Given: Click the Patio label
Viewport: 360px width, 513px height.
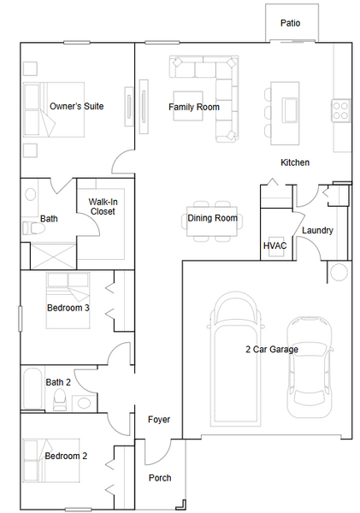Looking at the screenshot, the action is pyautogui.click(x=290, y=23).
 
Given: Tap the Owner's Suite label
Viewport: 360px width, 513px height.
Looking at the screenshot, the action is pyautogui.click(x=77, y=106).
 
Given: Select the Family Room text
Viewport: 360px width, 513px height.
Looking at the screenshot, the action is pyautogui.click(x=194, y=107).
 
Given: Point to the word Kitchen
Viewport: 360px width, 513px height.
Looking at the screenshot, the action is pyautogui.click(x=295, y=162).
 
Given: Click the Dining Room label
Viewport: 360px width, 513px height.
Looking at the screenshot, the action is pyautogui.click(x=212, y=218).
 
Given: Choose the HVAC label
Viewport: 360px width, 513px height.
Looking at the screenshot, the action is pyautogui.click(x=274, y=245).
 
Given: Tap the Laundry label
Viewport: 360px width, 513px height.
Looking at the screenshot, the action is pyautogui.click(x=317, y=230).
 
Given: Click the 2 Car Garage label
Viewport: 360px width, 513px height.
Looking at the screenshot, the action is pyautogui.click(x=272, y=350).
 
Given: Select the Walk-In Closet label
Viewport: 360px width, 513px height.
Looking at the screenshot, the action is pyautogui.click(x=103, y=207).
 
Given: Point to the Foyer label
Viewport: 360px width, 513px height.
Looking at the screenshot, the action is pyautogui.click(x=159, y=420).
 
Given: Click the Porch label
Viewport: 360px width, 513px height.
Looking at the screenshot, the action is pyautogui.click(x=160, y=478).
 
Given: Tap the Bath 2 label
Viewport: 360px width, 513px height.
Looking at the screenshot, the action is pyautogui.click(x=58, y=382).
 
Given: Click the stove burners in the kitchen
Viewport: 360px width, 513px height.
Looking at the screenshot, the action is pyautogui.click(x=340, y=110).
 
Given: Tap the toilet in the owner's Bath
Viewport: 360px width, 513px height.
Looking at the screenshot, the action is pyautogui.click(x=33, y=227).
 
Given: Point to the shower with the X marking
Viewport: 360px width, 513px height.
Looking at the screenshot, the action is pyautogui.click(x=53, y=256).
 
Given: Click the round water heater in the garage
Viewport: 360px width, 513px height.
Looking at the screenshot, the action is pyautogui.click(x=339, y=272).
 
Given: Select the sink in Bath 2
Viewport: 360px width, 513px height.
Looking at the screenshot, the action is pyautogui.click(x=84, y=403).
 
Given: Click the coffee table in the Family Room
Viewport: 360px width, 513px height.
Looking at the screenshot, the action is pyautogui.click(x=188, y=106).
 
